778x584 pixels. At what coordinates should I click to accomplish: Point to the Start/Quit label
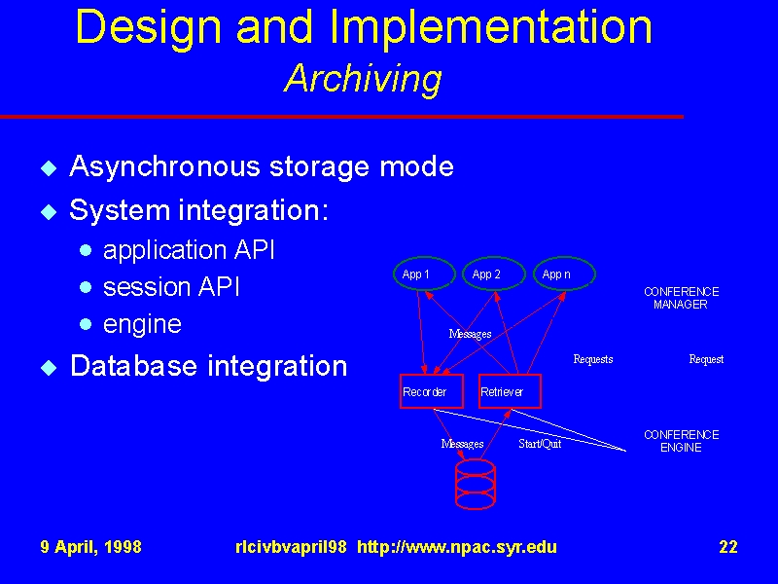tap(540, 444)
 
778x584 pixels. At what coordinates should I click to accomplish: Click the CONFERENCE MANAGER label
tap(682, 298)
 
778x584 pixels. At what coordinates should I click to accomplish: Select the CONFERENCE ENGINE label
tap(682, 441)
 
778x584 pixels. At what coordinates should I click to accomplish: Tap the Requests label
tap(593, 359)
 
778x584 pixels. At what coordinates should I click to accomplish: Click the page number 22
tap(727, 547)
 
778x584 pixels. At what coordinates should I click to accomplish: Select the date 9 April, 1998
tap(90, 547)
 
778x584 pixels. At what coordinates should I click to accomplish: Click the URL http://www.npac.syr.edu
tap(457, 547)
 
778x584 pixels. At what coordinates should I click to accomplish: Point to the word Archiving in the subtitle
tap(363, 79)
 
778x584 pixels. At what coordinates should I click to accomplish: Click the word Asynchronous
tap(164, 165)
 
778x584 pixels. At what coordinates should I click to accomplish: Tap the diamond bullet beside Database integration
tap(49, 368)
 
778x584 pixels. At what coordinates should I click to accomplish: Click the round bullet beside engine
tap(86, 324)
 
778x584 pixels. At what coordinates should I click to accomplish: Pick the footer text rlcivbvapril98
tap(291, 547)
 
